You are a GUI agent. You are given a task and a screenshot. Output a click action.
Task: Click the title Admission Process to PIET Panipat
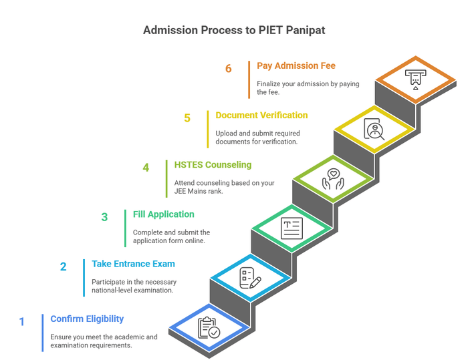[x=234, y=31]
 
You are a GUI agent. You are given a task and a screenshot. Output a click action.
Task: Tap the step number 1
[x=21, y=322]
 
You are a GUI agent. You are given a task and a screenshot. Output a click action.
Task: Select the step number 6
[x=229, y=68]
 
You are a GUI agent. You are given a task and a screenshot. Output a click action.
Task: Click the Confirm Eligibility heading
[x=87, y=319]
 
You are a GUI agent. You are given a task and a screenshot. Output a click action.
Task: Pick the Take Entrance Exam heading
[x=133, y=264]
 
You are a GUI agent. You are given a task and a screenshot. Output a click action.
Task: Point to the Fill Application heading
[x=164, y=214]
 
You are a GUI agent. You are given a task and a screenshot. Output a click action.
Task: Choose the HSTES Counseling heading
[x=212, y=164]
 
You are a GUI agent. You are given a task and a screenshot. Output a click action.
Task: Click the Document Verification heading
[x=261, y=115]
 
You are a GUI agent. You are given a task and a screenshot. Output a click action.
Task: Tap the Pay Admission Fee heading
[x=296, y=65]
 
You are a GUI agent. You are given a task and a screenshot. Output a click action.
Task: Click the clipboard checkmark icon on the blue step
[x=209, y=328]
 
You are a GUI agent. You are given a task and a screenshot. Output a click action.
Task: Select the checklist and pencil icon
[x=250, y=277]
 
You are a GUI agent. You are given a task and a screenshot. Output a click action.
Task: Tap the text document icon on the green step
[x=291, y=228]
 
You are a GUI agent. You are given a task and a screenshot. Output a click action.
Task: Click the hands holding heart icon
[x=333, y=178]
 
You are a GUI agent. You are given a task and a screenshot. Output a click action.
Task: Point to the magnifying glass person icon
[x=374, y=128]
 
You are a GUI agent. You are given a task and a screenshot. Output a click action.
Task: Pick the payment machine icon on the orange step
[x=415, y=79]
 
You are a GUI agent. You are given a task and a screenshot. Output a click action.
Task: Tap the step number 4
[x=146, y=167]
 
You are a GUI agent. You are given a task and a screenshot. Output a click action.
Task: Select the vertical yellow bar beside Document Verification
[x=208, y=129]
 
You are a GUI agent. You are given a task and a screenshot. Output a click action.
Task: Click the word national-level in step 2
[x=112, y=290]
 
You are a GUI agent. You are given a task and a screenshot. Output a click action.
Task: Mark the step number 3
[x=104, y=217]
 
